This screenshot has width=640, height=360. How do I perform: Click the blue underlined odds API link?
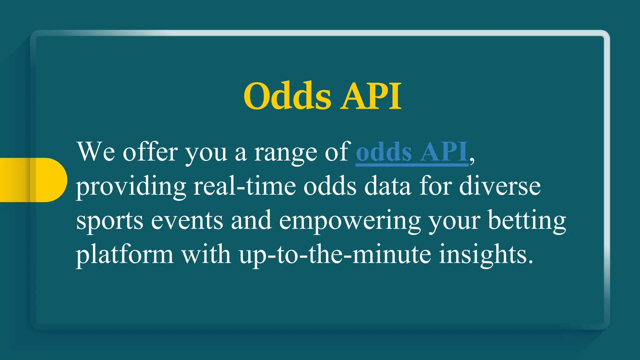click(412, 152)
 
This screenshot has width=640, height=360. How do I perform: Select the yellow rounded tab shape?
click(33, 180)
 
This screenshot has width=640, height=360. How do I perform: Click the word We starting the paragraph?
click(96, 152)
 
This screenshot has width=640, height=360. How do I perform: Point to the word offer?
click(150, 152)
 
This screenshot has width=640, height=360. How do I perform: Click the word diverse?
click(500, 187)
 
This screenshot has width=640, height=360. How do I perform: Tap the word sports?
click(110, 221)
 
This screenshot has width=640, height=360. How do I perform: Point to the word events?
click(187, 221)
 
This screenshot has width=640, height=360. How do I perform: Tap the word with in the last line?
click(206, 255)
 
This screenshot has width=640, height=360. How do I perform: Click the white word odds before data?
click(330, 187)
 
